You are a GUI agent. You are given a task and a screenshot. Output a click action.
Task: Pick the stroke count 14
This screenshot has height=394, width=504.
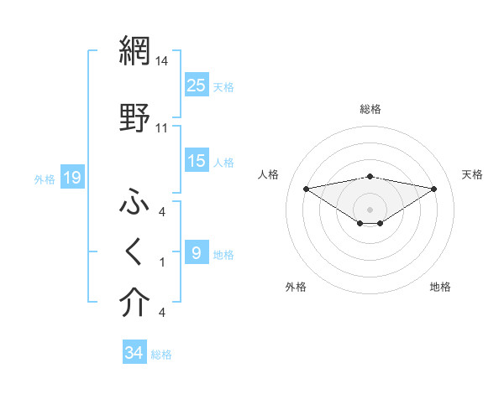(161, 60)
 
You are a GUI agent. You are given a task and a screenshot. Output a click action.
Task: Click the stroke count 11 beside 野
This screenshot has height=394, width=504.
(161, 127)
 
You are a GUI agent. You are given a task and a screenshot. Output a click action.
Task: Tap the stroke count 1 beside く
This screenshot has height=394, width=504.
(161, 262)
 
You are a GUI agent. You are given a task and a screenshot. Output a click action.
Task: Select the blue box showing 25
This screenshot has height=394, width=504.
(197, 85)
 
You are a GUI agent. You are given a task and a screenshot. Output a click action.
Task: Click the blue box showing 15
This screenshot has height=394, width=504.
(197, 161)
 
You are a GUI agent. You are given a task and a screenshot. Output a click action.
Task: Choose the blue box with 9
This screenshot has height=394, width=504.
(197, 253)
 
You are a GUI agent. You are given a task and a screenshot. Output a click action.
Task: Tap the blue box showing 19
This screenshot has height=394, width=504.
(71, 178)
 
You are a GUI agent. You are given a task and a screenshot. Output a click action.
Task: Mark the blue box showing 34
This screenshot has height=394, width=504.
(134, 353)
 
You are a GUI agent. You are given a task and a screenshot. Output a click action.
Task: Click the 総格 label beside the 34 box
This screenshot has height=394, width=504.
(161, 355)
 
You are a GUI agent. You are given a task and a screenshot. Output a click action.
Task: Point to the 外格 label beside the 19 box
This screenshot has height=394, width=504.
(45, 179)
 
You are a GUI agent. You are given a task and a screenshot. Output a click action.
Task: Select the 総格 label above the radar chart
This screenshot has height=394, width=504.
(370, 109)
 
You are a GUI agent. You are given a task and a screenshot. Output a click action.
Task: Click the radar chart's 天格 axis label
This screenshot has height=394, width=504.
(472, 174)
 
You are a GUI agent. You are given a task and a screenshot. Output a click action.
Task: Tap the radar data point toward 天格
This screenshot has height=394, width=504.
(434, 189)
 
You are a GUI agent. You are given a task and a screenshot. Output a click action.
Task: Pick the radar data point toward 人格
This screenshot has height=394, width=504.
(306, 188)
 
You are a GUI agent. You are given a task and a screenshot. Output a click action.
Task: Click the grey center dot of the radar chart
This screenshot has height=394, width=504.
(370, 209)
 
